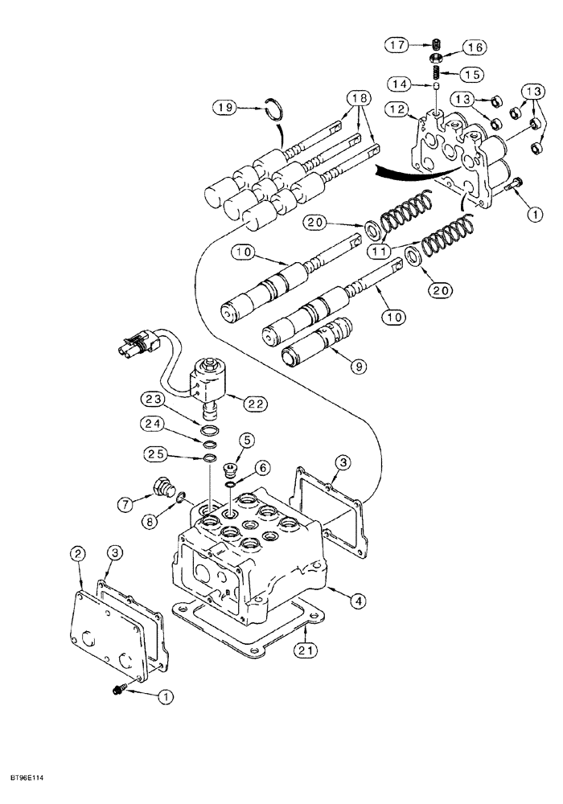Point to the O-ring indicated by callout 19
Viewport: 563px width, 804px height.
pyautogui.click(x=275, y=109)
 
